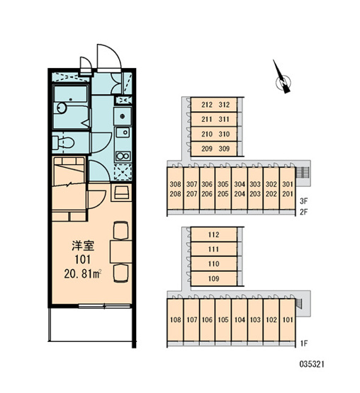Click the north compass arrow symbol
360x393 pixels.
tap(282, 78)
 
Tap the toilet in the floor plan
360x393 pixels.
tap(64, 142)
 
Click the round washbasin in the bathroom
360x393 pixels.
tap(62, 108)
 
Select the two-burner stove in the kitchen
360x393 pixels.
tap(123, 156)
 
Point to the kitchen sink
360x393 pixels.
tap(123, 132)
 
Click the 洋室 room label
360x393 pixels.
tap(83, 246)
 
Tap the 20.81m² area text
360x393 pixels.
tap(82, 274)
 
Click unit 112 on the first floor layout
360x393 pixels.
tap(214, 234)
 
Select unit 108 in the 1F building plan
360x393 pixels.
tap(175, 320)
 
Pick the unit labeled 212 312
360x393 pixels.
tap(214, 105)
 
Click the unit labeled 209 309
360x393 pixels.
tap(214, 149)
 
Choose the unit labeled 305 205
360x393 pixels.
tap(223, 189)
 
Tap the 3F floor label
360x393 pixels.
tap(303, 201)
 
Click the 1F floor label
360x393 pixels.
tap(303, 343)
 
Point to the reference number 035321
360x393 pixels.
tap(312, 364)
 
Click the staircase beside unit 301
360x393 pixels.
tap(303, 172)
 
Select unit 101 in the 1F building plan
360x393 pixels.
tap(288, 320)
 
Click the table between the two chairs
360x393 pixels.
tap(121, 251)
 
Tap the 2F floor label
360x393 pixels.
tap(303, 212)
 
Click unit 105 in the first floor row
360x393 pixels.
tap(223, 320)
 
